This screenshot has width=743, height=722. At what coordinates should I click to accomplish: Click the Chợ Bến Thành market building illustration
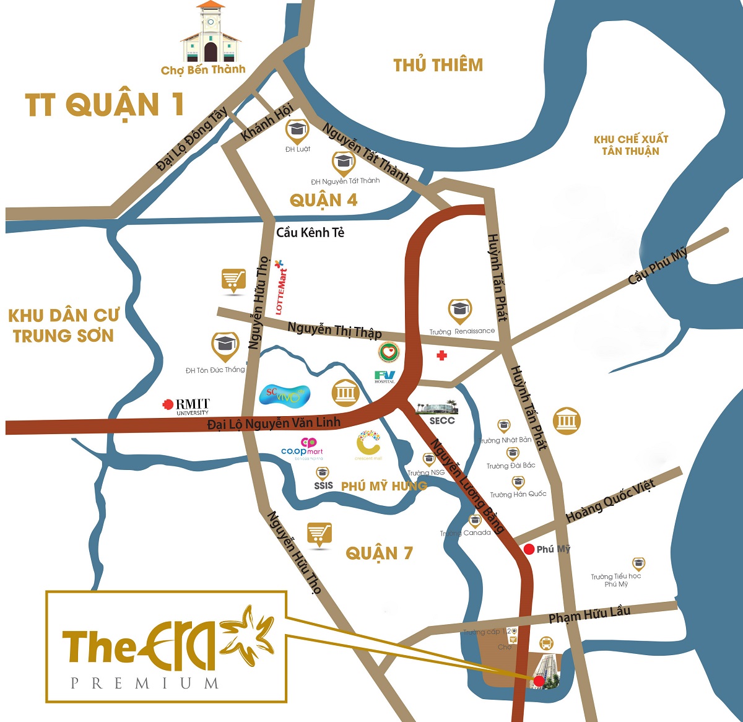211,33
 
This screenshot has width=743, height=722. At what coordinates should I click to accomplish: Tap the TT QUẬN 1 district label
105,105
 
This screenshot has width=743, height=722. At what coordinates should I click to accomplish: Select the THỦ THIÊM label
438,65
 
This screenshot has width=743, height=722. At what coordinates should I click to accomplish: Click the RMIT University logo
187,406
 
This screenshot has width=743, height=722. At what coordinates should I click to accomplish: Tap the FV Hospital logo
385,376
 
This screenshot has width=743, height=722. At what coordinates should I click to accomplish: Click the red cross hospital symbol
441,355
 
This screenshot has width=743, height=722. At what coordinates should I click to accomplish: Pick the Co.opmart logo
302,448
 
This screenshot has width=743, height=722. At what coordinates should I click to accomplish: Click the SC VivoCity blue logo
284,394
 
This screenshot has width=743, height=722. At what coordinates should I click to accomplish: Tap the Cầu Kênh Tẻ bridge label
310,232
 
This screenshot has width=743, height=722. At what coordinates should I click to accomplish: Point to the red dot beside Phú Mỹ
529,549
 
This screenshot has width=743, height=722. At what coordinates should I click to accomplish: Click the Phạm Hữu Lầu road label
589,614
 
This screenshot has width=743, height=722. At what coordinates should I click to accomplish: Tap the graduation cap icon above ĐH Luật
297,130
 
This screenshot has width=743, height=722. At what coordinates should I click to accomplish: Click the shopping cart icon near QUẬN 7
319,534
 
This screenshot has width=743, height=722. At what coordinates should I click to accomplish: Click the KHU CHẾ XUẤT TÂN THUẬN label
630,145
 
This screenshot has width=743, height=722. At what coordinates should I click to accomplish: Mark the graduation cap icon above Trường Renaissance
459,310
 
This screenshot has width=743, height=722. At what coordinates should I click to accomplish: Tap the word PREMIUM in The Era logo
145,684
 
